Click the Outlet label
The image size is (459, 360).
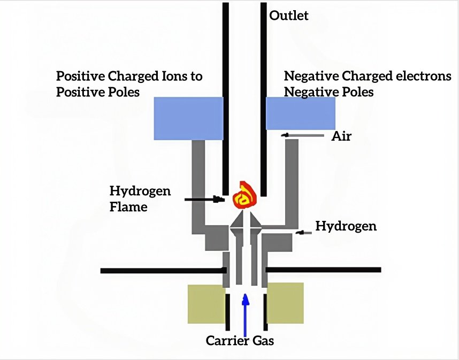click(x=288, y=16)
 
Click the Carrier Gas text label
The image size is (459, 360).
click(x=240, y=340)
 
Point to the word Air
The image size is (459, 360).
click(x=341, y=136)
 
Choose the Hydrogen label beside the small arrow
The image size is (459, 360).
click(x=346, y=226)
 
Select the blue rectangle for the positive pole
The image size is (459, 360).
click(x=188, y=118)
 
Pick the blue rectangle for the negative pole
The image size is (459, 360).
click(x=301, y=113)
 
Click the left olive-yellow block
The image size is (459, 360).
click(x=206, y=303)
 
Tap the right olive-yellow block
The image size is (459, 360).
click(x=285, y=303)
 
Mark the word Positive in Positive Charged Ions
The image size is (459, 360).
click(x=79, y=76)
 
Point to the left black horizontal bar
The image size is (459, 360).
click(x=161, y=270)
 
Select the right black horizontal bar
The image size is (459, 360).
click(x=323, y=270)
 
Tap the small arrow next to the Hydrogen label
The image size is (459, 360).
click(x=303, y=233)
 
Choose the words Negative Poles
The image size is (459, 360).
click(x=328, y=92)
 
